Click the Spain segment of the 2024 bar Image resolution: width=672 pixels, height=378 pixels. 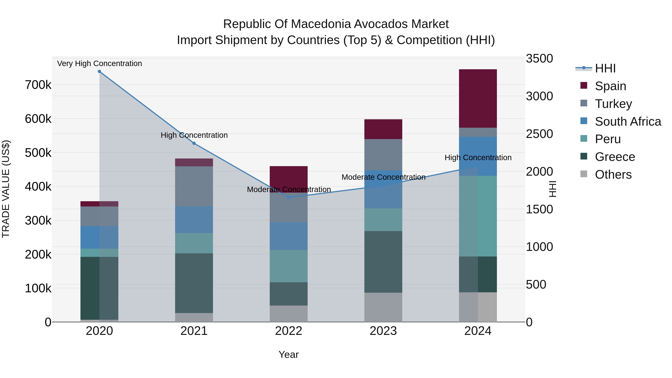tap(478, 98)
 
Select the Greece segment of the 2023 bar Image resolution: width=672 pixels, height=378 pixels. tap(383, 262)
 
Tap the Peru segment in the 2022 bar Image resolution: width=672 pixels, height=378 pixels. tap(289, 266)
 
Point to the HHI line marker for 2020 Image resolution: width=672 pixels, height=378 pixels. tap(99, 71)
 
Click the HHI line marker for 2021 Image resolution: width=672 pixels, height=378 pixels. tap(194, 143)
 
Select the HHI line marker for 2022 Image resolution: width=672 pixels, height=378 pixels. tap(289, 197)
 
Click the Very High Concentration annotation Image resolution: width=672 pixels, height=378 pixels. tap(99, 63)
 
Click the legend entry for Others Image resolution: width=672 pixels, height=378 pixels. tap(613, 175)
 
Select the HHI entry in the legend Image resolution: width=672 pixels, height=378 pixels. tap(605, 68)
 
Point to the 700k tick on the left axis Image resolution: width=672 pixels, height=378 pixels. tap(38, 85)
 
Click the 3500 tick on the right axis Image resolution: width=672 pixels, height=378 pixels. tap(539, 58)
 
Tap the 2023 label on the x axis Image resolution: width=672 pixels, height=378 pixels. tap(383, 331)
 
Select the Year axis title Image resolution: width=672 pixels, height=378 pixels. tap(289, 354)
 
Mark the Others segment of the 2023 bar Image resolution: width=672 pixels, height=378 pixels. tap(383, 307)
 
